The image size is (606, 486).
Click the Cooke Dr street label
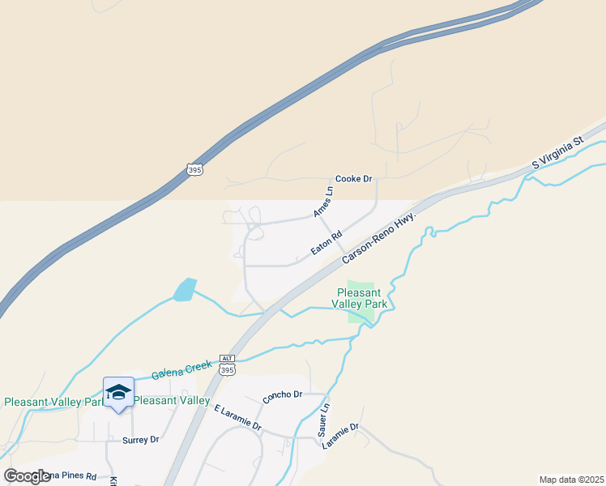point(353,179)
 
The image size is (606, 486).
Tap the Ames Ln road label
point(323,202)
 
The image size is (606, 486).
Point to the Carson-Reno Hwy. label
point(378,237)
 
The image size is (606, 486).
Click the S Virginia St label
point(557,152)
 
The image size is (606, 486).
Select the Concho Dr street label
point(282,397)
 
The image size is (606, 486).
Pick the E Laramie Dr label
point(237,418)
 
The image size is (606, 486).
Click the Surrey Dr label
point(141,440)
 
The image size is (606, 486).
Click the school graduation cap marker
point(118,392)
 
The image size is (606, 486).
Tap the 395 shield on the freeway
point(193,169)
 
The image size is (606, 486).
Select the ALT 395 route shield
point(227,365)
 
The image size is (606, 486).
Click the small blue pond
point(184,289)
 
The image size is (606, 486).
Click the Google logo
point(28,476)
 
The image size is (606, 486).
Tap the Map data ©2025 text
point(572,480)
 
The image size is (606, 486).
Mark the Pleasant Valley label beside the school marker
point(172,400)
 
